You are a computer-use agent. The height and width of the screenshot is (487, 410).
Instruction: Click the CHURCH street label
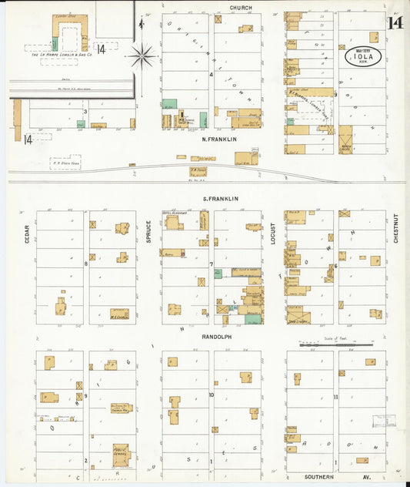click(x=241, y=7)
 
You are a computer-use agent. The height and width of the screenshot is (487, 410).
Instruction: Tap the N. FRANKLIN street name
click(x=218, y=139)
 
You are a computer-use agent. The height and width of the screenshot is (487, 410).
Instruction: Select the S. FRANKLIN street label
click(x=220, y=199)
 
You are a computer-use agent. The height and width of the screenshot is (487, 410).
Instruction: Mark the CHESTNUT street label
click(x=396, y=229)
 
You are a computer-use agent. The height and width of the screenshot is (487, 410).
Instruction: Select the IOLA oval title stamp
click(x=362, y=55)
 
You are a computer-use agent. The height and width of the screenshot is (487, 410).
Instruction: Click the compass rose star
click(x=142, y=55)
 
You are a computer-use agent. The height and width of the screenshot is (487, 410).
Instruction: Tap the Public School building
click(x=120, y=455)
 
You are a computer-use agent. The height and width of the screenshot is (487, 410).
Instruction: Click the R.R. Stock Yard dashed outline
click(x=65, y=163)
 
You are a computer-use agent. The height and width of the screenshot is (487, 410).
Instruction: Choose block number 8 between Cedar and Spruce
click(x=86, y=264)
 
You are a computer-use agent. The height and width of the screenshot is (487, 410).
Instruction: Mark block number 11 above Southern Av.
click(x=336, y=396)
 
